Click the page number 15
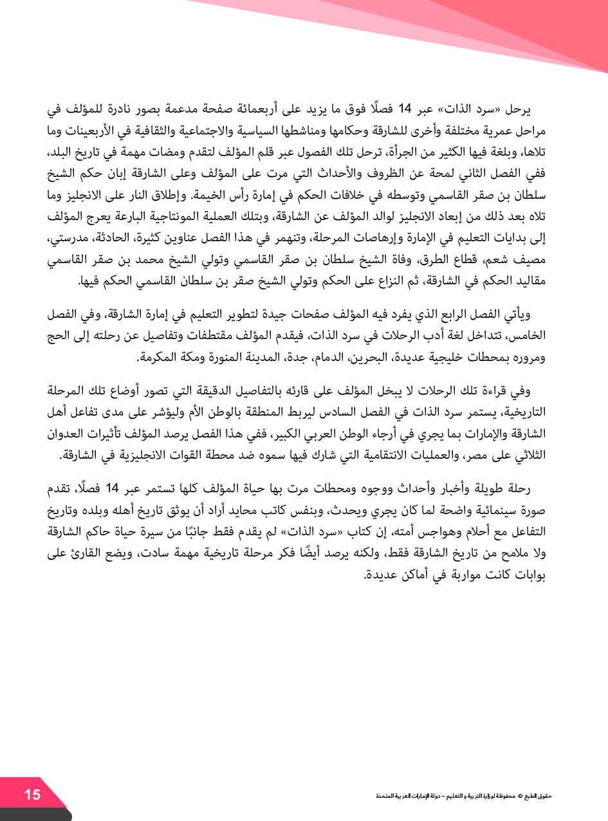point(32,795)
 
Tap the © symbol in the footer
point(520,796)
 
